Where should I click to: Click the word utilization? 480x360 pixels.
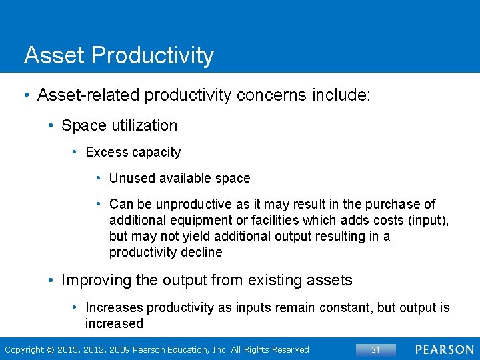(x=143, y=125)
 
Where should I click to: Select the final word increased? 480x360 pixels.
(x=114, y=323)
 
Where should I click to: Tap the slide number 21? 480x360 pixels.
(x=375, y=349)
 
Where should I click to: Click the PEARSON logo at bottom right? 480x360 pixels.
(x=445, y=349)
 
